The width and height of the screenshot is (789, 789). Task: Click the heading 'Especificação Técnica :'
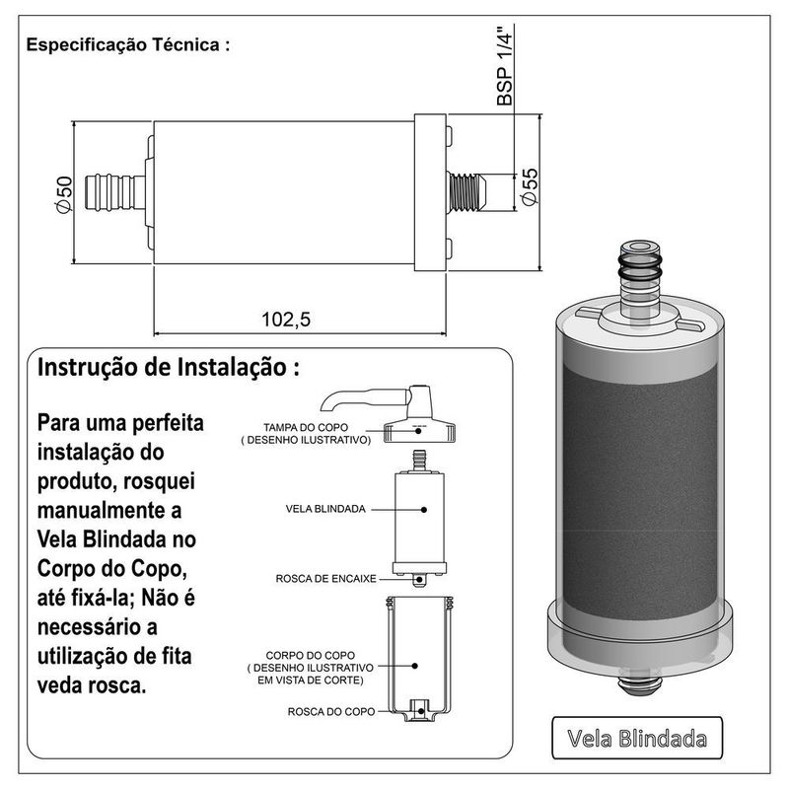(128, 44)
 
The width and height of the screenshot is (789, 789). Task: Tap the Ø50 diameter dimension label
(64, 194)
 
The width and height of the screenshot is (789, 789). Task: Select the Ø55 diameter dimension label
(530, 186)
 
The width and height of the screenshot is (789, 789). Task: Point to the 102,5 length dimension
(286, 319)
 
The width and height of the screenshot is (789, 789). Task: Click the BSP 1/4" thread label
(504, 65)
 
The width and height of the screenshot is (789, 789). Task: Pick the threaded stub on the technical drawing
(466, 192)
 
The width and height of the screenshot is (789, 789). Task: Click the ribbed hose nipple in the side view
(115, 192)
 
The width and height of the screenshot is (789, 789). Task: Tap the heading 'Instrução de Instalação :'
(169, 367)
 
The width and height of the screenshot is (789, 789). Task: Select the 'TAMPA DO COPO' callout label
(306, 427)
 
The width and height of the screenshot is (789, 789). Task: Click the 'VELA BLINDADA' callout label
(325, 509)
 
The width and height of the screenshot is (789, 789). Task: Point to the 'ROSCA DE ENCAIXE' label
(325, 579)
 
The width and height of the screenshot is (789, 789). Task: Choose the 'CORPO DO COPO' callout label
(310, 655)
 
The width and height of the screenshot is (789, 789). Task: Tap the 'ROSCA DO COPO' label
(331, 711)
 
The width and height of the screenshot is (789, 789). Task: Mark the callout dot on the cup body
(414, 666)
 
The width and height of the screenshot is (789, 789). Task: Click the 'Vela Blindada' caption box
(637, 738)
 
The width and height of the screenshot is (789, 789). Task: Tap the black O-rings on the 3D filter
(639, 267)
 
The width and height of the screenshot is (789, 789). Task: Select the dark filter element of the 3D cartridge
(639, 494)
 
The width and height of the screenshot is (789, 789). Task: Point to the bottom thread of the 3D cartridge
(639, 684)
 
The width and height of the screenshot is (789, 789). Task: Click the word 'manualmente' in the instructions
(109, 510)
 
